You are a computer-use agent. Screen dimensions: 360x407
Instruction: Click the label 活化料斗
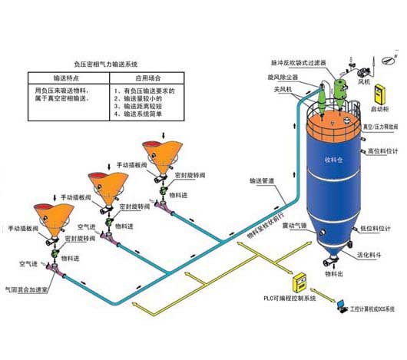coord(372,262)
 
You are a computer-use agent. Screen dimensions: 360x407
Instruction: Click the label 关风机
coord(273,90)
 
